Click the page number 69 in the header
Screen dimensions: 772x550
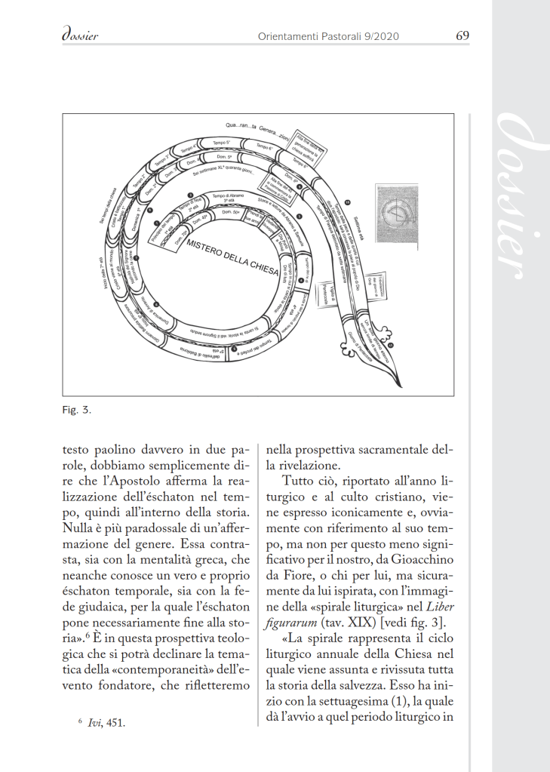pos(463,35)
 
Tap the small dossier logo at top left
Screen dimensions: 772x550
pos(78,35)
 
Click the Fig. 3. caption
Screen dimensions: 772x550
pos(76,411)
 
